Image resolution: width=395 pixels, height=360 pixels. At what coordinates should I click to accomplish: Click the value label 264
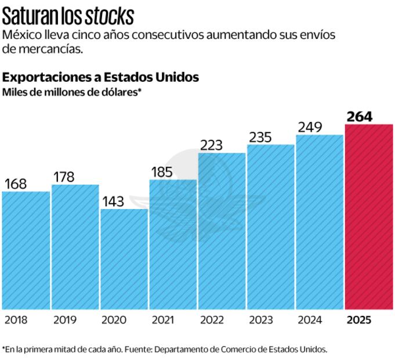click(x=360, y=116)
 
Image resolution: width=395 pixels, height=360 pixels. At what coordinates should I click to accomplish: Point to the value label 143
click(x=115, y=201)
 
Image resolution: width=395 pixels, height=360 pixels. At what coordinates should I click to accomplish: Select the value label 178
click(x=64, y=177)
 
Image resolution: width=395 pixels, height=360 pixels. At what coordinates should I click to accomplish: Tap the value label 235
click(x=262, y=137)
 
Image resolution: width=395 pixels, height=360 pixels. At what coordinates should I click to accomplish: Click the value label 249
click(x=310, y=127)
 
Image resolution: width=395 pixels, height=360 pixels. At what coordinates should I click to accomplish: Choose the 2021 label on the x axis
click(x=162, y=320)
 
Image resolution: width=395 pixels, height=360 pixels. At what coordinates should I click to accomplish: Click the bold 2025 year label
click(x=358, y=320)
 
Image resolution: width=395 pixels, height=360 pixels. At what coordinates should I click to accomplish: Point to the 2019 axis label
click(x=64, y=320)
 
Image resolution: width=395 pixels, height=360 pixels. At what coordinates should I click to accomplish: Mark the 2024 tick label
click(x=310, y=320)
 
